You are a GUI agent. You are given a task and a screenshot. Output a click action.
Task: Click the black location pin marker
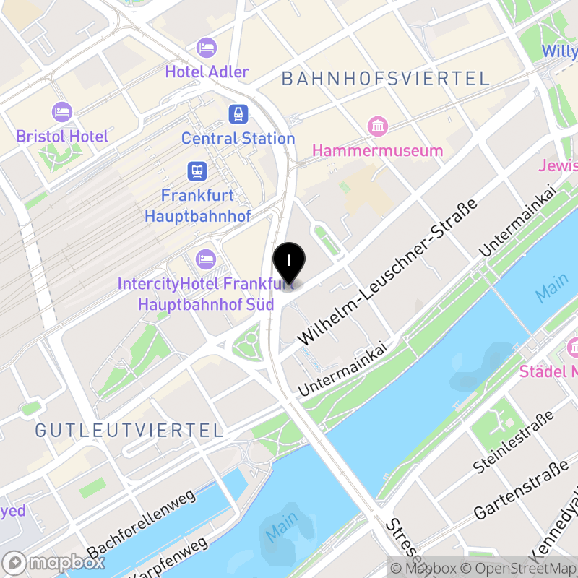(289, 262)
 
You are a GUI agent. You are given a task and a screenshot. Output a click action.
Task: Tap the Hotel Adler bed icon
(207, 48)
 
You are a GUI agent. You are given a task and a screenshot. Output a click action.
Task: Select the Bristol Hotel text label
(62, 136)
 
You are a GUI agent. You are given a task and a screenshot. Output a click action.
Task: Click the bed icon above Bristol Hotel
(62, 112)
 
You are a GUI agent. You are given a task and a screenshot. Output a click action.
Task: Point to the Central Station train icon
(238, 113)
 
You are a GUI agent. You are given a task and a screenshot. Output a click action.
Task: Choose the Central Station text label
(238, 138)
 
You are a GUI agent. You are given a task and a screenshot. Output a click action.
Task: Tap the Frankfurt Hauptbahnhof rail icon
(197, 171)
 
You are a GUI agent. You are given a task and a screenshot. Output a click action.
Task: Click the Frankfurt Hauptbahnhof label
(197, 205)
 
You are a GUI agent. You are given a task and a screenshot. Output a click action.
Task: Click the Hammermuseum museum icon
(377, 126)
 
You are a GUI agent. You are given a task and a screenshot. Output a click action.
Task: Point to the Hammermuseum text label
(377, 150)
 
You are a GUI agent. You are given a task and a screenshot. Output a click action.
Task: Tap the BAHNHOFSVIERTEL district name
(386, 79)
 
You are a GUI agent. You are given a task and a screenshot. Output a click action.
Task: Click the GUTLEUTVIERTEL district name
(129, 431)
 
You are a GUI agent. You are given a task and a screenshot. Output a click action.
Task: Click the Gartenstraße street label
(521, 491)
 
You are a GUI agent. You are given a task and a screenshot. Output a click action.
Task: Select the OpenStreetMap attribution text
(519, 568)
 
